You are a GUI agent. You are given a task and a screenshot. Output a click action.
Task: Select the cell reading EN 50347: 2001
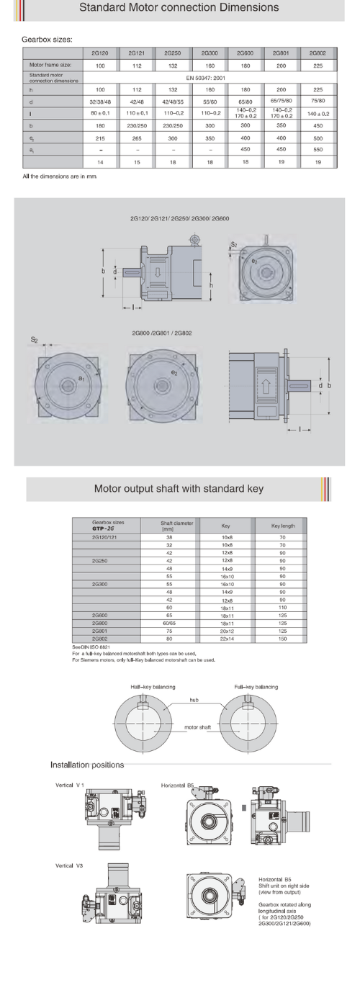point(208,76)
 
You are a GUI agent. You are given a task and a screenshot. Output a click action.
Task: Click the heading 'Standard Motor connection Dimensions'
point(179,9)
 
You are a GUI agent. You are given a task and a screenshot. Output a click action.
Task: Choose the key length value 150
point(283,638)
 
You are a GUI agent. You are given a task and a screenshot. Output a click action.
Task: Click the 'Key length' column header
point(283,526)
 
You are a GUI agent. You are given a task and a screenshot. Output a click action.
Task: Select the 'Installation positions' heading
point(86,763)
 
